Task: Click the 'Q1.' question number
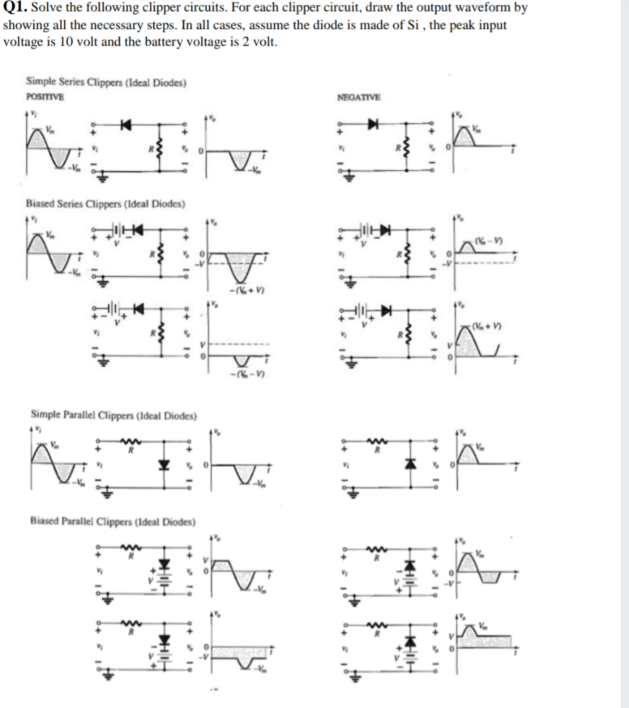point(15,8)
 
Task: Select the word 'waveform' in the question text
point(480,8)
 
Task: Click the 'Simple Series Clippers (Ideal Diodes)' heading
point(106,83)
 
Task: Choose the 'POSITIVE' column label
point(45,97)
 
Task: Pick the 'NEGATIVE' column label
point(359,97)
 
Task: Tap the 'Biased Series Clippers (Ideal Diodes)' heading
point(105,204)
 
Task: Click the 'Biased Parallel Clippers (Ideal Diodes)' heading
point(113,521)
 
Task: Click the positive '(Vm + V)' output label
point(487,326)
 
